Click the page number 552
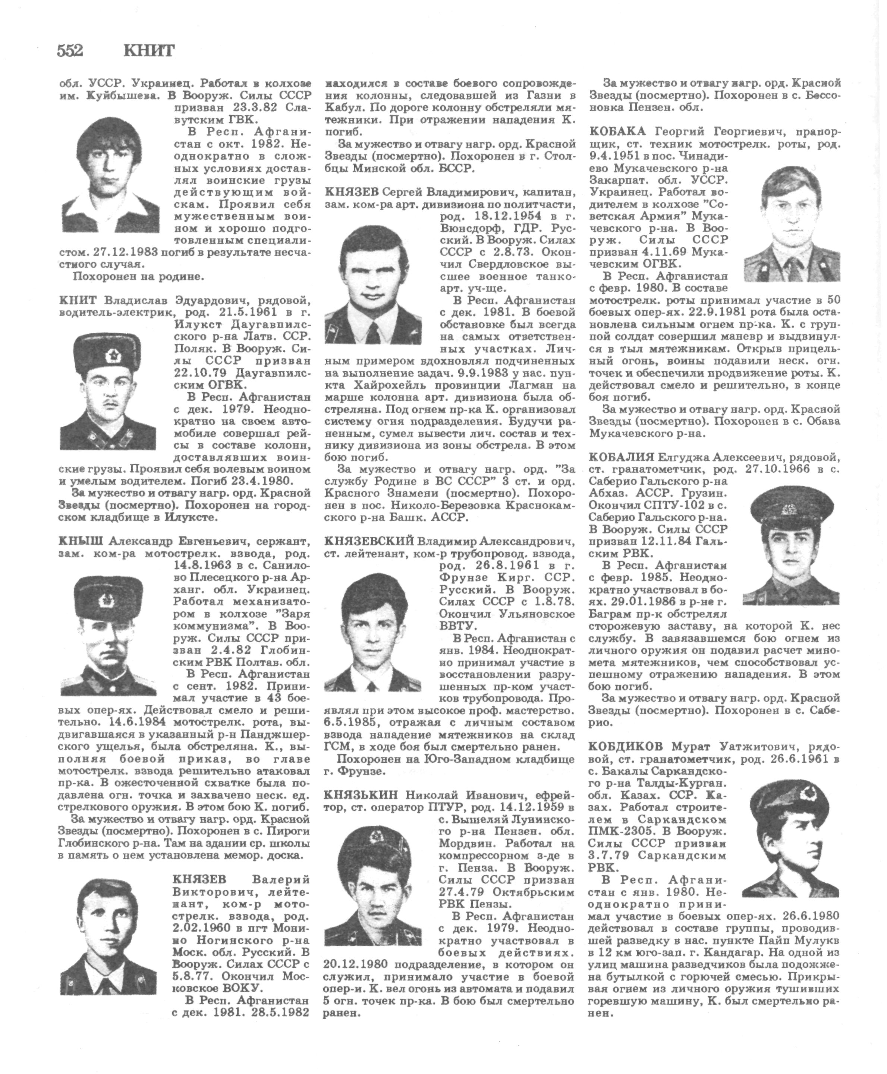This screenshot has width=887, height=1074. pyautogui.click(x=70, y=51)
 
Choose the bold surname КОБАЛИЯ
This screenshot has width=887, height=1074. pyautogui.click(x=621, y=456)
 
